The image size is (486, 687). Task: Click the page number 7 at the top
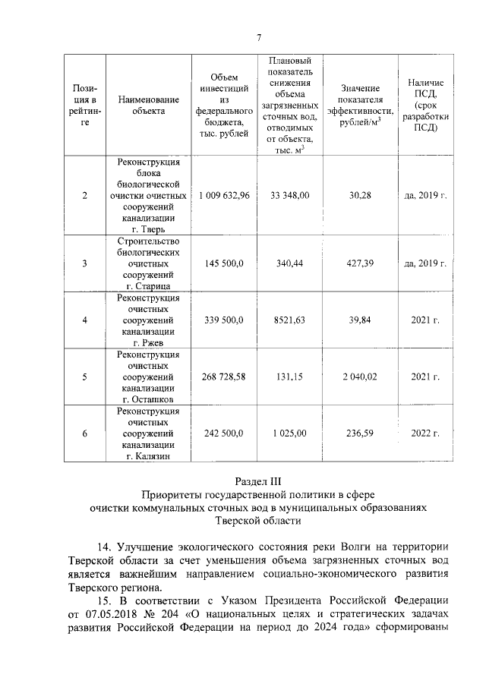coord(259,38)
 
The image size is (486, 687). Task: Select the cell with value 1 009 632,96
coord(224,195)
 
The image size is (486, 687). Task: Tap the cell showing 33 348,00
coord(289,195)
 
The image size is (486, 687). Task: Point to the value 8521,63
coord(289,320)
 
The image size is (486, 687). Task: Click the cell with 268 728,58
coord(224,377)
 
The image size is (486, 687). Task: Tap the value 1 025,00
coord(289,433)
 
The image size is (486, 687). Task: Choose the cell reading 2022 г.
coord(425,433)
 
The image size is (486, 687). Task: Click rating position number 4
coord(84,320)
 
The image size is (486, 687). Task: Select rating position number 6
coord(84,433)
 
